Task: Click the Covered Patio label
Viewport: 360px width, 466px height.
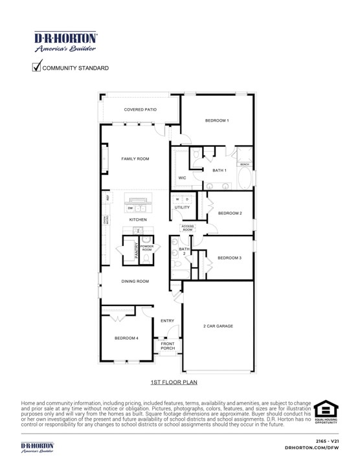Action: (x=141, y=110)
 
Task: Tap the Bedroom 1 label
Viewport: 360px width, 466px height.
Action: (x=217, y=121)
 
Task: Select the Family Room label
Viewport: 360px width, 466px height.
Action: (x=135, y=159)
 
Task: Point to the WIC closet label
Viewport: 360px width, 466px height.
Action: (x=183, y=177)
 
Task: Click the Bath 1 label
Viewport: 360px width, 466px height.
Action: (x=219, y=170)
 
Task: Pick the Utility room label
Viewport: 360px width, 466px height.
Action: (x=182, y=207)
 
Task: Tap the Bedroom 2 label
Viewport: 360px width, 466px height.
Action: (x=229, y=213)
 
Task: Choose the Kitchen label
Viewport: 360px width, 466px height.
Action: (x=138, y=220)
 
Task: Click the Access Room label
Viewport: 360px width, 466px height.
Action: (x=187, y=228)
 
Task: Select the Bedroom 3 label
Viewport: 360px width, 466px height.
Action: (x=229, y=258)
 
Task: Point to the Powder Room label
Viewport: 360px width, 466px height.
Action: (x=147, y=248)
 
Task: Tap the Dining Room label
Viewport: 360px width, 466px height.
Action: (x=135, y=282)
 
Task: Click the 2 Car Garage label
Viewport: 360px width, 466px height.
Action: (x=218, y=326)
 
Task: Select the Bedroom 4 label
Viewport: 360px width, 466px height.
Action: (x=126, y=338)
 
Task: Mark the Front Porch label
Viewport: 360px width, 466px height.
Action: (x=168, y=346)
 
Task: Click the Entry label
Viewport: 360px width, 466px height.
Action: (x=167, y=321)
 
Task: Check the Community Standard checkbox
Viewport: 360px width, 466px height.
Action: (x=37, y=66)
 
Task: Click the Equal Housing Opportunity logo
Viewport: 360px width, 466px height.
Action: (x=326, y=412)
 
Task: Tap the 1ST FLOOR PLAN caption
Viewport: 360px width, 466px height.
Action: (x=174, y=383)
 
